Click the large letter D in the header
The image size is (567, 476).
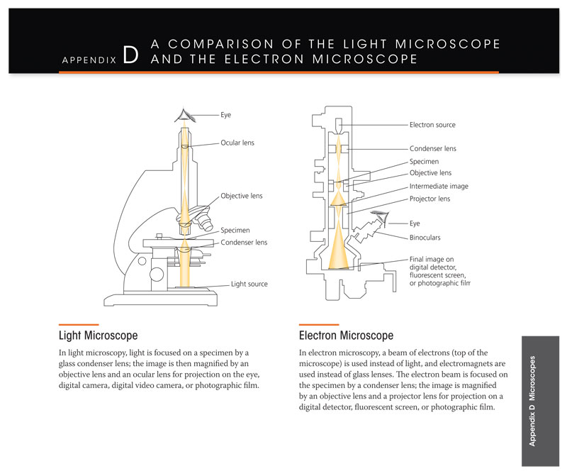(x=130, y=57)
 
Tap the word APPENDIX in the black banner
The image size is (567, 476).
(x=89, y=61)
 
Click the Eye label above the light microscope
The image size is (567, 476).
(x=226, y=114)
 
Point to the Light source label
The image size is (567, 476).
(x=249, y=284)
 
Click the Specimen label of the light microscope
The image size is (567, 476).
(x=236, y=231)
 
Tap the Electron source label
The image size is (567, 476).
(x=432, y=125)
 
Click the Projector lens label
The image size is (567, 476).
(x=430, y=199)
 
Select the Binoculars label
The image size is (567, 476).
(x=427, y=238)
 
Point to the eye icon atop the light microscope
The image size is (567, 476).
(x=185, y=115)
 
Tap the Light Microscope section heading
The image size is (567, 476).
(x=98, y=335)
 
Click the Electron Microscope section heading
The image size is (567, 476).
(x=346, y=335)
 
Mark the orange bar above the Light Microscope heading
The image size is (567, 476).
(x=73, y=324)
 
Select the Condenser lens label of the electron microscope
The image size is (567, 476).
(x=432, y=149)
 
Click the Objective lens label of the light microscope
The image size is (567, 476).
(x=242, y=196)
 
